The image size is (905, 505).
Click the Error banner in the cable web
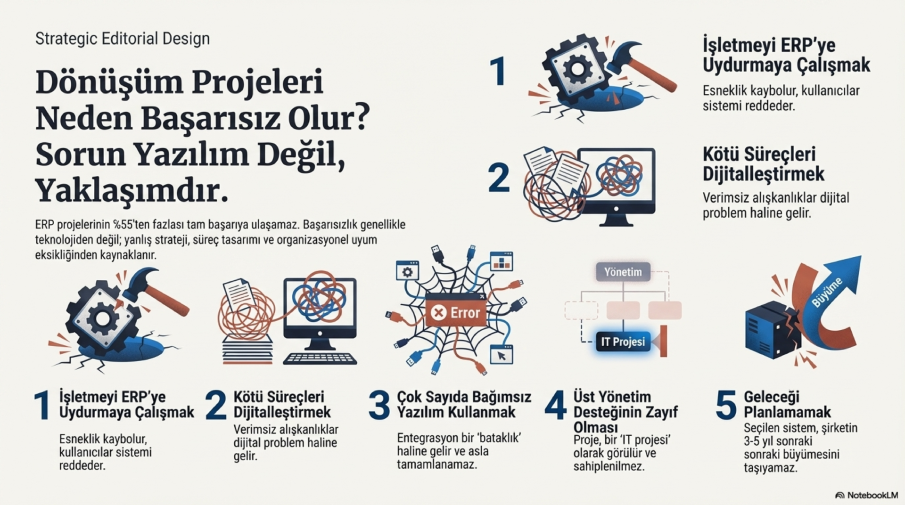[x=455, y=312]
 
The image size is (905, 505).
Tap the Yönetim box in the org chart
[x=623, y=272]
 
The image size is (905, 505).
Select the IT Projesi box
[x=623, y=342]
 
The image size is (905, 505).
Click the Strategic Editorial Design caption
[x=122, y=39]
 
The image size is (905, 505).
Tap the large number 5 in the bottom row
[x=725, y=405]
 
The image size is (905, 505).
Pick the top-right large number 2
[x=499, y=178]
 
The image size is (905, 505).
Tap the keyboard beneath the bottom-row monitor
[x=320, y=358]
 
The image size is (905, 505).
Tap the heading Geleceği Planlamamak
[x=787, y=404]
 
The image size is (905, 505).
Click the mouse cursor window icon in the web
[x=501, y=355]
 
